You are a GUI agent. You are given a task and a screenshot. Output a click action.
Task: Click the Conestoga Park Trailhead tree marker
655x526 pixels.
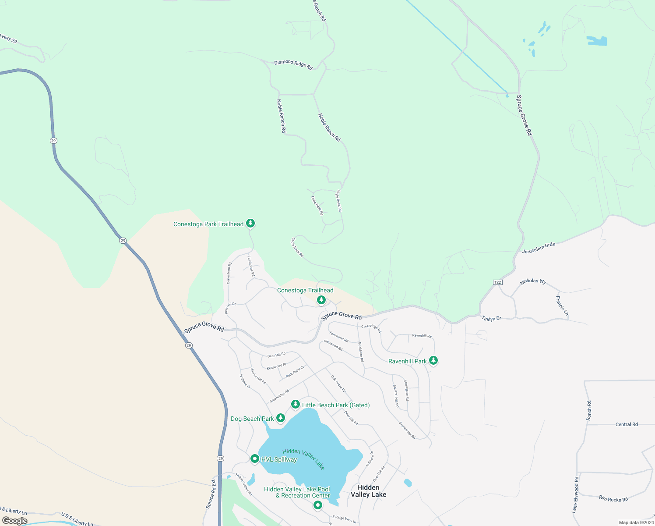coord(250,224)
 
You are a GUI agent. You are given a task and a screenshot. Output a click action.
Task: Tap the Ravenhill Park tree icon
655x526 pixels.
coord(433,361)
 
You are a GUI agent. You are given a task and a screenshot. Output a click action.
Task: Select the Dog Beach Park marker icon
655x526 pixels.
coord(281,418)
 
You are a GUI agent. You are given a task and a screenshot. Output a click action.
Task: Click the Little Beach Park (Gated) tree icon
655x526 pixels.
coord(296,404)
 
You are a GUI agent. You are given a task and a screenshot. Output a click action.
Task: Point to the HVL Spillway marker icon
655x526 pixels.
coord(255,459)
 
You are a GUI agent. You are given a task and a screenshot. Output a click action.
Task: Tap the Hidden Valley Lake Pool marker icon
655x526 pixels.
coord(318,505)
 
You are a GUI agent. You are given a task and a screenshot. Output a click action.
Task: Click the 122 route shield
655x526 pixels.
coord(497,282)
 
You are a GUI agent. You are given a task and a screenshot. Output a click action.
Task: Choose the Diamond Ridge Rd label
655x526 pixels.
coord(293,64)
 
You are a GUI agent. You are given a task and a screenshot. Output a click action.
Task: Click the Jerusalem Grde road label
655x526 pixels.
coord(539,248)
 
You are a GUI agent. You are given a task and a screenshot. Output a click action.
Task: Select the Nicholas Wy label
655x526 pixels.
coord(533,281)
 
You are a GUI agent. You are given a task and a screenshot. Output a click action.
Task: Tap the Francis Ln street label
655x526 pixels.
coord(562,306)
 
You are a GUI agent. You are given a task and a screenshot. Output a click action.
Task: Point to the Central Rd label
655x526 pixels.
coord(627,424)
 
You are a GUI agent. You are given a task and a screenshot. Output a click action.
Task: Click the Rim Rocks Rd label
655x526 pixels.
coord(613,498)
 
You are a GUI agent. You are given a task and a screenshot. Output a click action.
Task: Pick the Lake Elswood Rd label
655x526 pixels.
coord(575,495)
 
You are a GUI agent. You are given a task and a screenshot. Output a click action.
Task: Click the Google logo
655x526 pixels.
coord(15,521)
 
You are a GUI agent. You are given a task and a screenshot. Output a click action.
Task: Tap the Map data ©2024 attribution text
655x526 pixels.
coord(636,522)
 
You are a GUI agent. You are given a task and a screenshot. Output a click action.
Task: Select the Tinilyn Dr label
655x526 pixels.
coord(491,318)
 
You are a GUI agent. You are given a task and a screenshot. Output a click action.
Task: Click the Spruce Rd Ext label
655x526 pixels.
coord(211,494)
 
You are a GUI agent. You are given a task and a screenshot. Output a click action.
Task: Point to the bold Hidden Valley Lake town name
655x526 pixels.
coord(368,491)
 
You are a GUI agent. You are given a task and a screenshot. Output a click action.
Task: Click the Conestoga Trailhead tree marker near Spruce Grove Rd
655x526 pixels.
coord(321,300)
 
